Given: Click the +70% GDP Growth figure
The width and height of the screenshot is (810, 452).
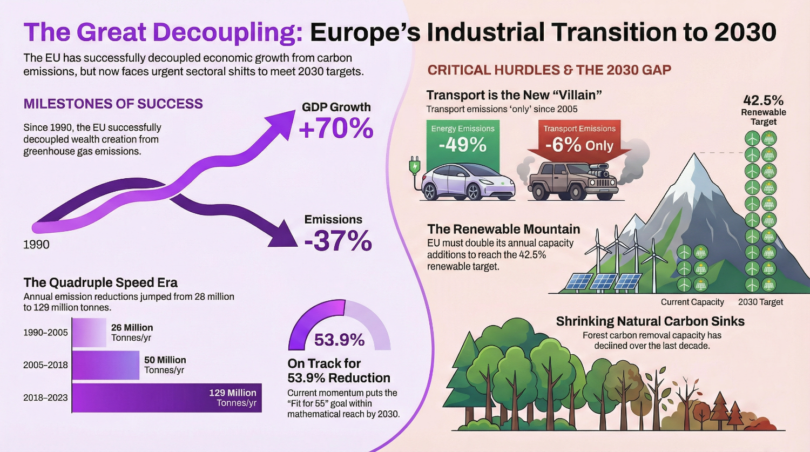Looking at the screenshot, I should coord(336,129).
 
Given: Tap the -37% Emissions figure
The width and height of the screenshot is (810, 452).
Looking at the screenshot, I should coord(338,241).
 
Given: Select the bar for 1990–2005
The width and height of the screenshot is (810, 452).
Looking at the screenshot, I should coord(89,332).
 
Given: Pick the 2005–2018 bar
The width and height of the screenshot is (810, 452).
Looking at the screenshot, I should coord(105,365).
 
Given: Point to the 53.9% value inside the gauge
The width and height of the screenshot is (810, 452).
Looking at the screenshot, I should coord(339,340).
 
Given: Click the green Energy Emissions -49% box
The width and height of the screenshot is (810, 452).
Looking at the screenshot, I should coord(463,140).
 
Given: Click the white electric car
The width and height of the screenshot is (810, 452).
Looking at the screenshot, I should coord(467,181).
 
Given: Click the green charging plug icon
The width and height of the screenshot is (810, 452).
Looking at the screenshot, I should coord(414,165).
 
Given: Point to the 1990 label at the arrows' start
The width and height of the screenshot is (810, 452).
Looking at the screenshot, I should coord(36,245).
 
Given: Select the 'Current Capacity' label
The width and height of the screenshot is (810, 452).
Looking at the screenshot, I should coord(692,302).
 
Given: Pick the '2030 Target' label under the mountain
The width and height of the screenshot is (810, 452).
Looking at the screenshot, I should coord(760,302).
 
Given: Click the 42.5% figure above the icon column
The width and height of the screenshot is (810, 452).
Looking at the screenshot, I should coord(763,100).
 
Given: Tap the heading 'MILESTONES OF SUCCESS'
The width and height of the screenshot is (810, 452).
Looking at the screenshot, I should coord(113,104).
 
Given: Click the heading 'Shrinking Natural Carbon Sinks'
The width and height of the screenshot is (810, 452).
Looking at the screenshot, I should coord(650,321).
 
